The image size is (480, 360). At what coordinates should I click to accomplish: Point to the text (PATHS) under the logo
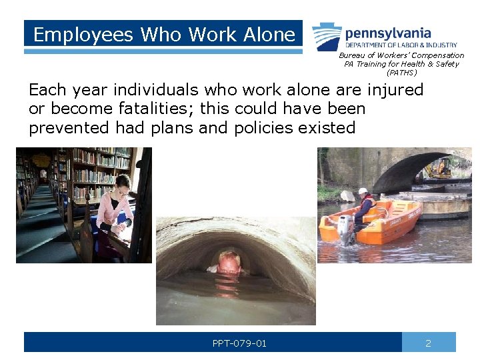[x=401, y=73]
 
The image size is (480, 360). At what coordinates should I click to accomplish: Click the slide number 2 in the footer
[x=428, y=343]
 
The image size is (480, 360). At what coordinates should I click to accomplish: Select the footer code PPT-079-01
[x=239, y=343]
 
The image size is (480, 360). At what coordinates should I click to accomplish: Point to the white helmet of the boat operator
[x=363, y=192]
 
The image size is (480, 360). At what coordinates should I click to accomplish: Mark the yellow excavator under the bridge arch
[x=441, y=167]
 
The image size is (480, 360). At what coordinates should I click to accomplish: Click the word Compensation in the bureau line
[x=437, y=55]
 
